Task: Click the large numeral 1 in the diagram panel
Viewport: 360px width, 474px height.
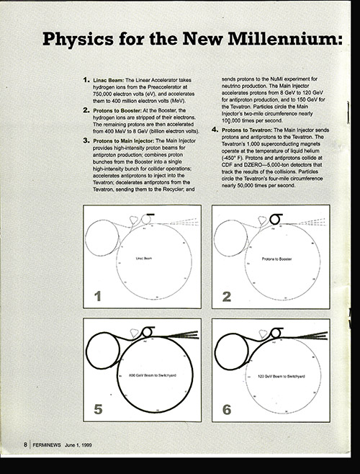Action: (x=96, y=295)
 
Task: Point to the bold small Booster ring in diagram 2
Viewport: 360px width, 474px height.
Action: (x=275, y=218)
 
